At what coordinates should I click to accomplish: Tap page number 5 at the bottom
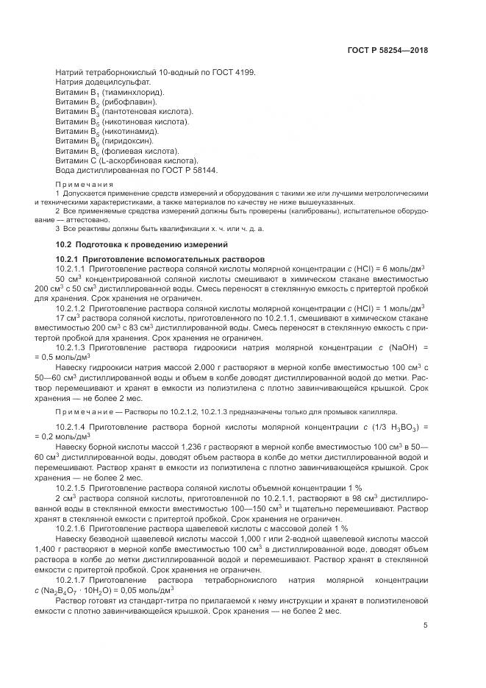click(x=426, y=626)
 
